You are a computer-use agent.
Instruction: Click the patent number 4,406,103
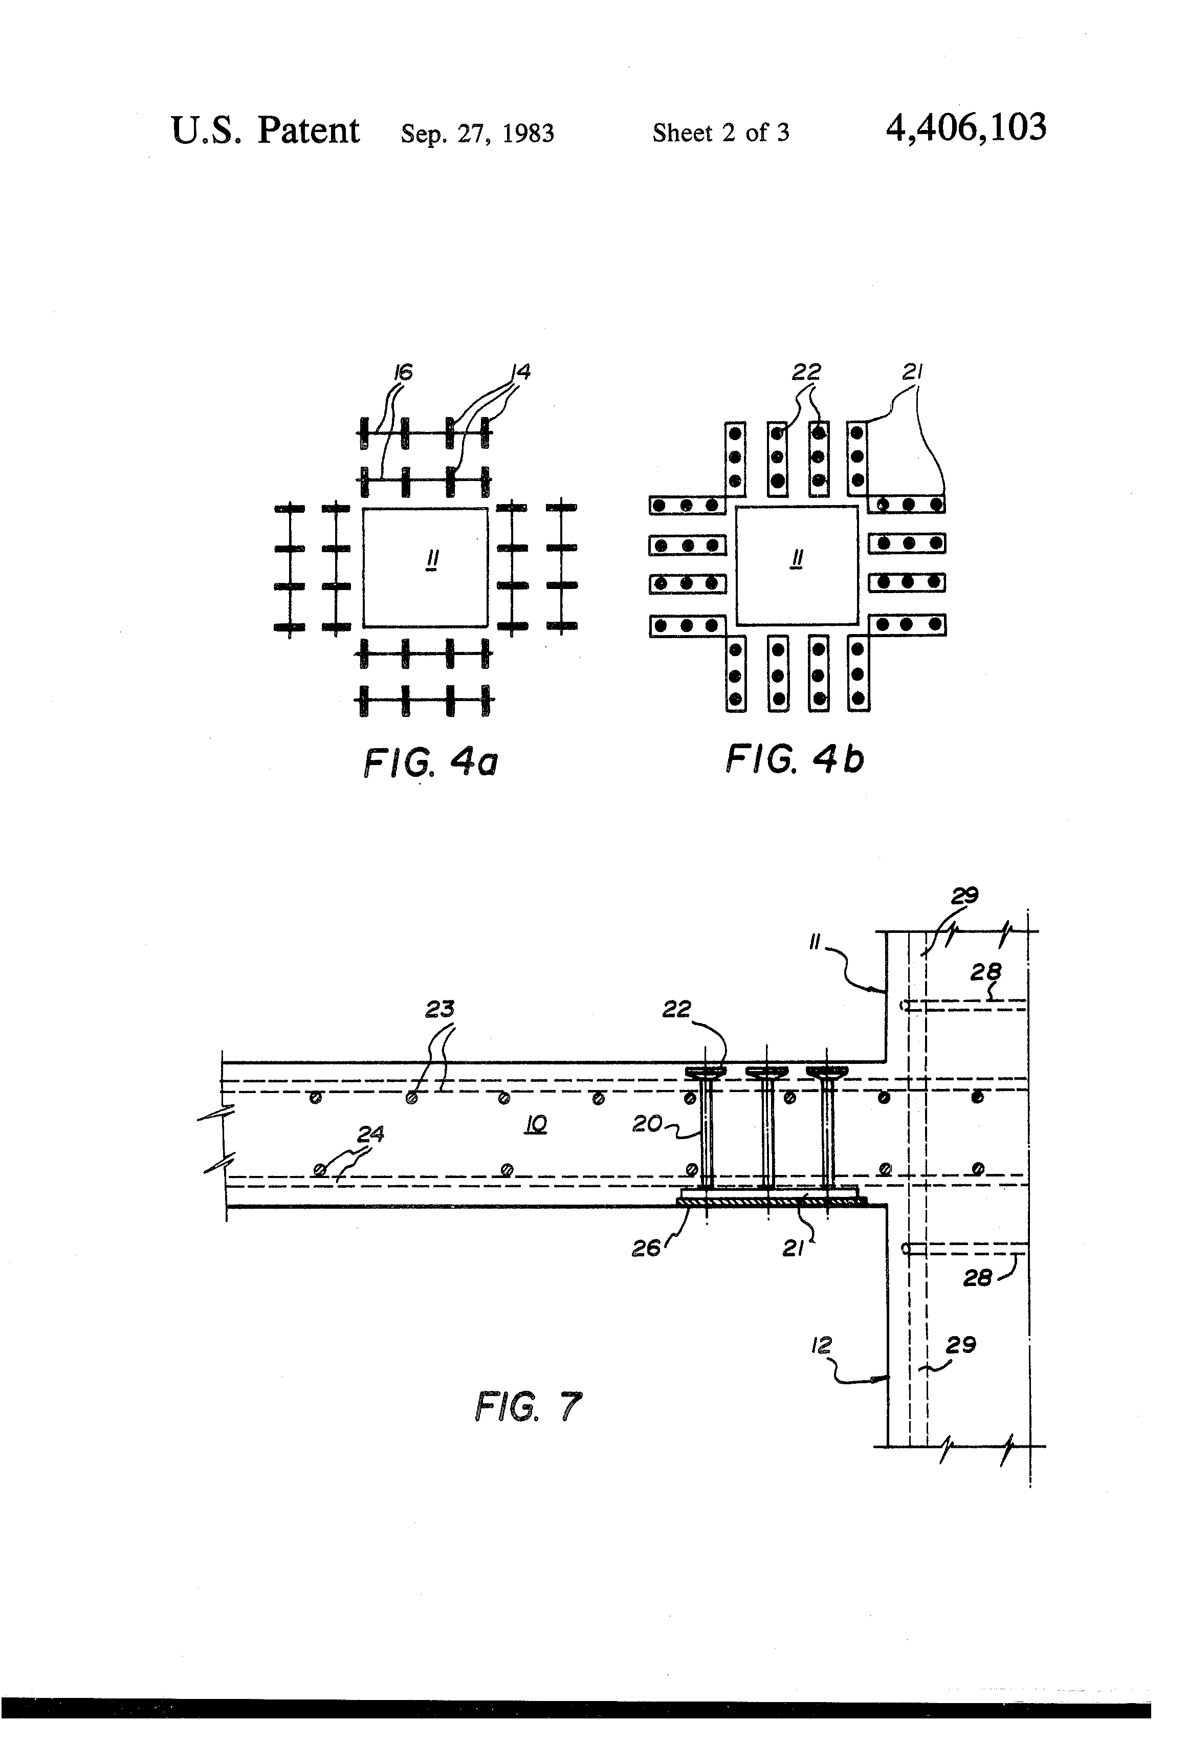(965, 128)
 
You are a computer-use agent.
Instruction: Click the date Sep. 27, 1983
(477, 134)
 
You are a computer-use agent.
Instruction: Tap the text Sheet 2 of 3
(720, 133)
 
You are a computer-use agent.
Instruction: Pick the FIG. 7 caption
(528, 1406)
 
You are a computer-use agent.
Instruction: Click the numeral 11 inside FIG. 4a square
(432, 560)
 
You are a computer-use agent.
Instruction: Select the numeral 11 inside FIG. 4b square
(797, 559)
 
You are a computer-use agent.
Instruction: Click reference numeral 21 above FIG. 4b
(912, 372)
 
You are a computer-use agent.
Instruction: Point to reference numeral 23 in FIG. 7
(439, 1009)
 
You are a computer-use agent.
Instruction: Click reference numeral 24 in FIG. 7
(370, 1134)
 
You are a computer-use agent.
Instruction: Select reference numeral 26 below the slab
(647, 1248)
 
